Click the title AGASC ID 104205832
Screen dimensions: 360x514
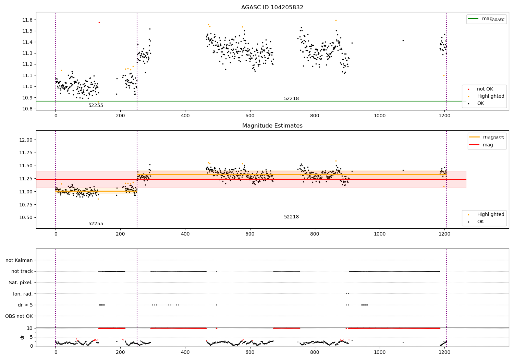pyautogui.click(x=272, y=8)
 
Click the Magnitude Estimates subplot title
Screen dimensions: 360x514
pyautogui.click(x=272, y=126)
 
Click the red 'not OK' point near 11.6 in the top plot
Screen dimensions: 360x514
pyautogui.click(x=99, y=22)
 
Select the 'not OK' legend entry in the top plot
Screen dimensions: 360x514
pyautogui.click(x=485, y=89)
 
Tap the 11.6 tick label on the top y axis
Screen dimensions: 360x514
pyautogui.click(x=27, y=20)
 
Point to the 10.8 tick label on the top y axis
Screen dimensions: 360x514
pyautogui.click(x=27, y=109)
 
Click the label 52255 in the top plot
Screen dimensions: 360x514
pyautogui.click(x=96, y=106)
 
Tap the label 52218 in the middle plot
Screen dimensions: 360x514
pyautogui.click(x=291, y=217)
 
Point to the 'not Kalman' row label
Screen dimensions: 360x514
pyautogui.click(x=19, y=260)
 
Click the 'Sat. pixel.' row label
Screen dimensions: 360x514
pyautogui.click(x=21, y=283)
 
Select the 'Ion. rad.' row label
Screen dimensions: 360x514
pyautogui.click(x=23, y=294)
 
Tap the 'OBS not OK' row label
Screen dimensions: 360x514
pyautogui.click(x=19, y=316)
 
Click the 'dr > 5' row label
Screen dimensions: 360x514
pyautogui.click(x=25, y=305)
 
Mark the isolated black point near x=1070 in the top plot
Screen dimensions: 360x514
pyautogui.click(x=403, y=40)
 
